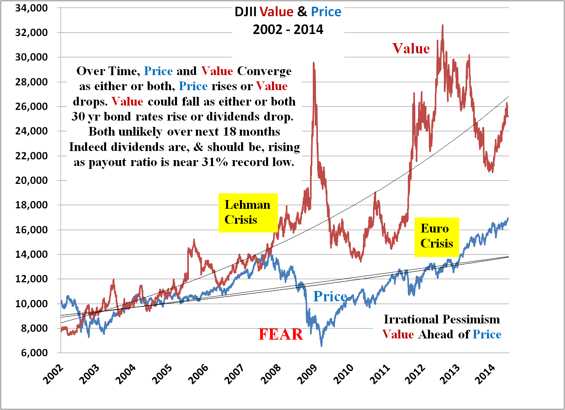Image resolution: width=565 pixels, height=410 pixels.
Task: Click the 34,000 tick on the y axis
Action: [x=31, y=8]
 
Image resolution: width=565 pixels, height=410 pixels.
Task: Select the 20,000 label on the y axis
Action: [x=31, y=180]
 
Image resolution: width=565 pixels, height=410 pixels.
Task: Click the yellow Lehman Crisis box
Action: [x=248, y=212]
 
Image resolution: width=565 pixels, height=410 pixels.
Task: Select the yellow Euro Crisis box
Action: [x=436, y=236]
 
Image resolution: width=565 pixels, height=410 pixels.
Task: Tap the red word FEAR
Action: [x=280, y=334]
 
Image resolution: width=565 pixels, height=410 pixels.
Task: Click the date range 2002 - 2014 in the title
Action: [x=288, y=30]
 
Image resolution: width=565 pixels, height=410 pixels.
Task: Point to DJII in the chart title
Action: [x=246, y=12]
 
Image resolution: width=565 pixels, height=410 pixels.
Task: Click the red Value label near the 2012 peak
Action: [x=411, y=49]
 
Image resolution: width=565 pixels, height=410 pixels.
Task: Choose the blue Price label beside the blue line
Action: [x=330, y=297]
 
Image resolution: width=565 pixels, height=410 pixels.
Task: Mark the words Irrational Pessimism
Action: [x=441, y=319]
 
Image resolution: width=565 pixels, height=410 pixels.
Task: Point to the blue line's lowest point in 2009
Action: [x=321, y=346]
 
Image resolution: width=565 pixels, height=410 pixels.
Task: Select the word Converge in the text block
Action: [x=264, y=71]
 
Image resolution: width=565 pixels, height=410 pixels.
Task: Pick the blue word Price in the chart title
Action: [x=326, y=12]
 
